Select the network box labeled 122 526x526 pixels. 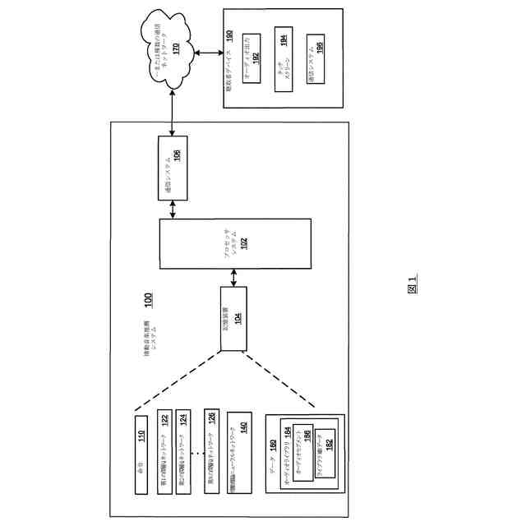165,454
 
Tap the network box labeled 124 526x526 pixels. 183,454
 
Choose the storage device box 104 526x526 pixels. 233,319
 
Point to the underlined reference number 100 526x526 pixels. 148,302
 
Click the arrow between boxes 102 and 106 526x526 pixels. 172,210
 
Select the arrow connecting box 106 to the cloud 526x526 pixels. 173,116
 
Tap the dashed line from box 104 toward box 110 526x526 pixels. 177,377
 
